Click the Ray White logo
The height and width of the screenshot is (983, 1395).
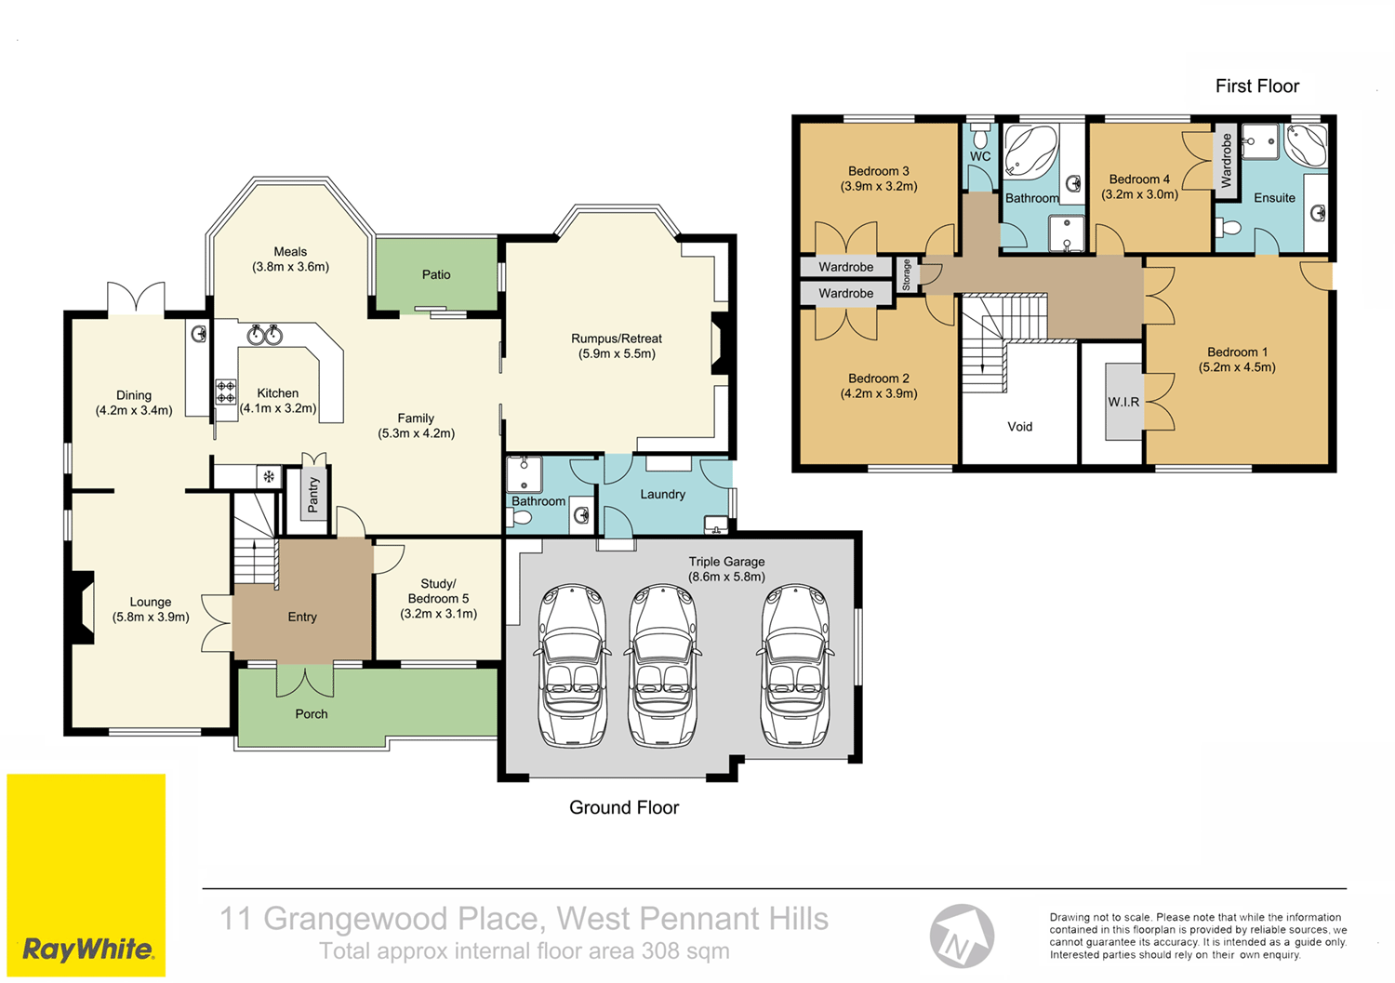[x=87, y=949]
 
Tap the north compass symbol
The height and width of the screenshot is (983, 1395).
[x=962, y=937]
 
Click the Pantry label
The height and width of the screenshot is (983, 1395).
[x=313, y=495]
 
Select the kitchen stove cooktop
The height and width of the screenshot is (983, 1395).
[x=226, y=392]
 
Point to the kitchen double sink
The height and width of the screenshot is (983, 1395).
[x=265, y=334]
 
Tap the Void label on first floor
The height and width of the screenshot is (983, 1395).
[x=1019, y=427]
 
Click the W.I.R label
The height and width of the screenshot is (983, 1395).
[x=1123, y=402]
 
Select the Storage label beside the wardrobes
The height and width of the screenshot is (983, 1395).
[x=907, y=274]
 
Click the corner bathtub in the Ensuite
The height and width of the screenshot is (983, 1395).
[x=1306, y=145]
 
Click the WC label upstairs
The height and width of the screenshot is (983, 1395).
[x=980, y=156]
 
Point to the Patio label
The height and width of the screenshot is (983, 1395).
[x=436, y=274]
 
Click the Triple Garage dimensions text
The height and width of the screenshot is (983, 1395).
[x=726, y=577]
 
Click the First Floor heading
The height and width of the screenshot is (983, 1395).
[x=1256, y=86]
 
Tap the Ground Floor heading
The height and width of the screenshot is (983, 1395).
[x=624, y=807]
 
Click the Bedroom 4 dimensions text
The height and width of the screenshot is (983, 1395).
[x=1139, y=194]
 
